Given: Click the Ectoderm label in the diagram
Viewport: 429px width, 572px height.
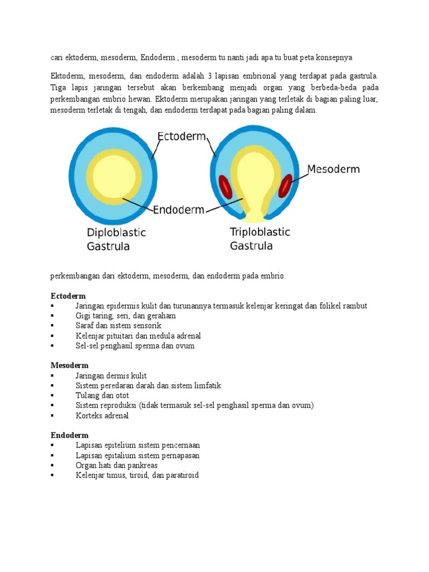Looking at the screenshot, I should click(182, 137).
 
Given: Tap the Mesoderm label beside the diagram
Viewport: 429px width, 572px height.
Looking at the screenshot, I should click(333, 169).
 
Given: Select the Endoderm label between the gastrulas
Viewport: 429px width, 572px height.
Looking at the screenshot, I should click(179, 210).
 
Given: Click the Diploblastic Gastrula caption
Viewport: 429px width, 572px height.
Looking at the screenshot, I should click(116, 239).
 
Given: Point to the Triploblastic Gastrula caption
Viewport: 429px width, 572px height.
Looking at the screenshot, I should click(260, 239).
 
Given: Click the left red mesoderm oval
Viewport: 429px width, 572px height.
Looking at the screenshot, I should click(225, 187).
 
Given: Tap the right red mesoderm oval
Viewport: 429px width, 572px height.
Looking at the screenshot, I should click(287, 186).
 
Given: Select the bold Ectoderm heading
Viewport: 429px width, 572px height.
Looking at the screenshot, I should click(68, 295).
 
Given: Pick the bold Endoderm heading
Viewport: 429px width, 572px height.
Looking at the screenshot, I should click(69, 435).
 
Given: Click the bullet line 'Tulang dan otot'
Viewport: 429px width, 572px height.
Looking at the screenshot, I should click(103, 395).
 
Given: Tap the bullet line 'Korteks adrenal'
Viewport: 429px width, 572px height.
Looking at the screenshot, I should click(102, 416).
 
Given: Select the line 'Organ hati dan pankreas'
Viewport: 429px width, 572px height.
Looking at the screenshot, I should click(116, 465).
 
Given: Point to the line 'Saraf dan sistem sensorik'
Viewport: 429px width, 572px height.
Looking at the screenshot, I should click(118, 326).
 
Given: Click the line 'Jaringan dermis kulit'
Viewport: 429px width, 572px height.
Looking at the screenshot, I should click(111, 375).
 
